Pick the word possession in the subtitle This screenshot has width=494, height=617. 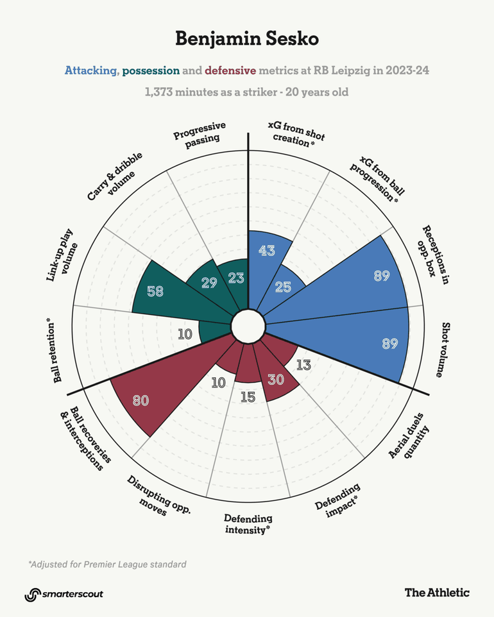coord(151,71)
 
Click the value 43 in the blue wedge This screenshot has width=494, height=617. coord(267,251)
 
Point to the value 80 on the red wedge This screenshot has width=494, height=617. coord(141,401)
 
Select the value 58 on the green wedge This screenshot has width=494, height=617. coord(155,291)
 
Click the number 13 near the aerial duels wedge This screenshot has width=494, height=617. coord(304,366)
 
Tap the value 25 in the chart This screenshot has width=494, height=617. coord(283,287)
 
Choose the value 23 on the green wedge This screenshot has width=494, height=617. coord(235,278)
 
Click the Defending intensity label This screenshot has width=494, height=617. coord(248,524)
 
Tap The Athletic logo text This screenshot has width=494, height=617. coord(436,593)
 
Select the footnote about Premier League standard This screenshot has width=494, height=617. coord(107,564)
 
